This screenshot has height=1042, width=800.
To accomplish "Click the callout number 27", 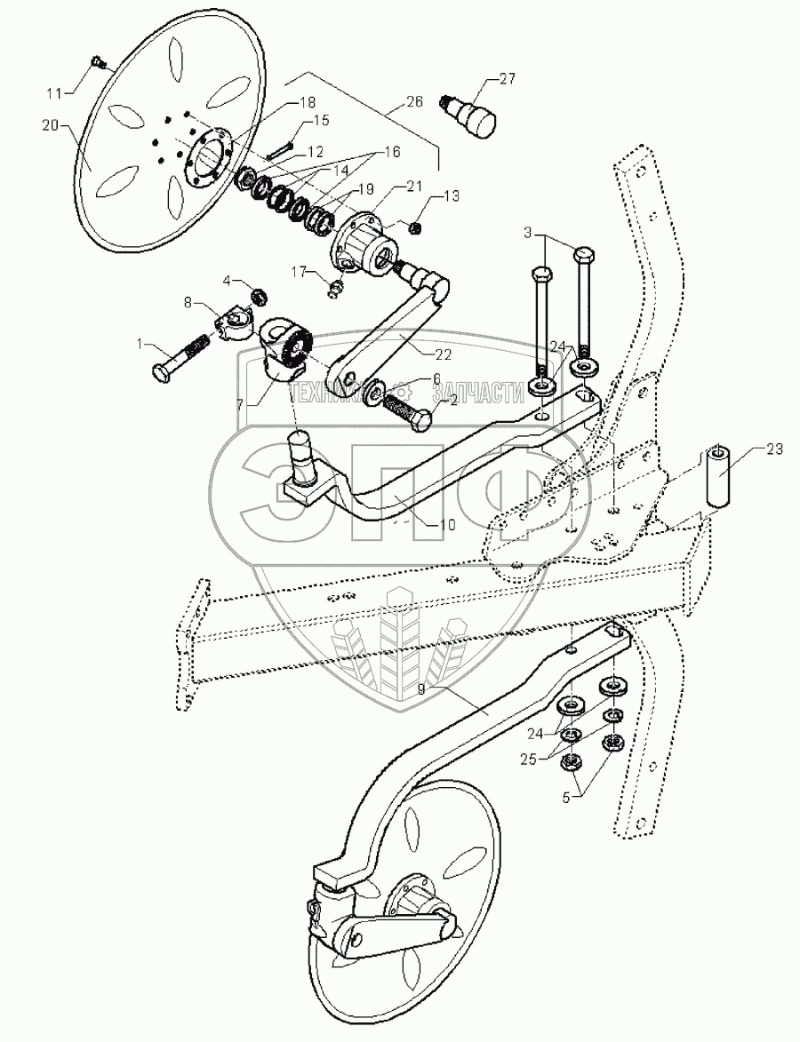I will tap(507, 81).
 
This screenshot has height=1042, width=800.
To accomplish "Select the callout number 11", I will tap(56, 92).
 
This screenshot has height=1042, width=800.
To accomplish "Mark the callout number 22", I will tap(442, 354).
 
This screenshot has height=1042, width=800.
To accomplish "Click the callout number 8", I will tap(188, 302).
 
